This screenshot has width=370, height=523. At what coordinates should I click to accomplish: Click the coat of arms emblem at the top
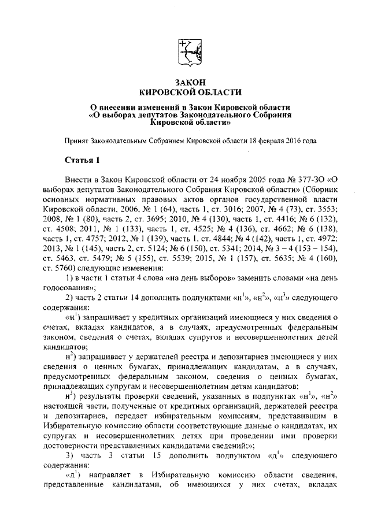tap(185, 51)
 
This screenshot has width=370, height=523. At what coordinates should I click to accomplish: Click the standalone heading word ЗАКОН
tap(185, 82)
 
